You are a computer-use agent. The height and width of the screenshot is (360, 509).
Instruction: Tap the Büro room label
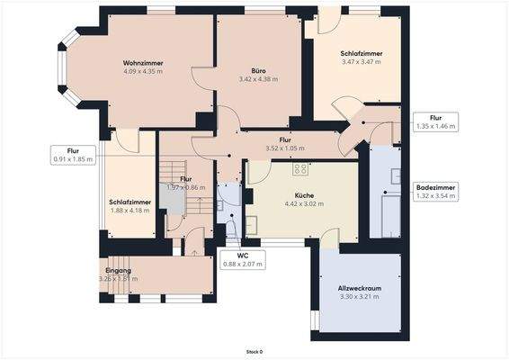click(258, 69)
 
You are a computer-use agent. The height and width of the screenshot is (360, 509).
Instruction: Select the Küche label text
click(303, 194)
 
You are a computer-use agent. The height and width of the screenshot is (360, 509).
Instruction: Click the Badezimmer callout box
click(435, 192)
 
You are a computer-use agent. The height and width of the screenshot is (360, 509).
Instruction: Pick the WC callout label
click(242, 260)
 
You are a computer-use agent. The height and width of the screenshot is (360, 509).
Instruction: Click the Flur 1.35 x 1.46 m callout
click(435, 122)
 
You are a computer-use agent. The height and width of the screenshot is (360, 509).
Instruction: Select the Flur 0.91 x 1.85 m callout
click(73, 155)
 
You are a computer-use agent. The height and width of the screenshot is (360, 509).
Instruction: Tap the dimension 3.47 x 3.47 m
click(362, 62)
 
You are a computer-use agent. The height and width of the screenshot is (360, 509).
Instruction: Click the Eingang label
click(118, 270)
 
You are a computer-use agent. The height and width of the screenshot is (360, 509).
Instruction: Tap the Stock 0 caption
click(254, 352)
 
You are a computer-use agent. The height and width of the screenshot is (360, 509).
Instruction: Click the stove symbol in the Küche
click(300, 168)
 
